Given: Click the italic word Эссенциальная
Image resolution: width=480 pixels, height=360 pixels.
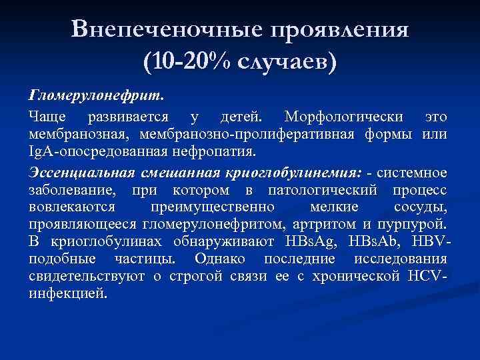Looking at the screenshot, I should click(x=82, y=173).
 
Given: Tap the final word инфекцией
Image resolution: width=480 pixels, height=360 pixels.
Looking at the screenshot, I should click(x=68, y=293).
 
